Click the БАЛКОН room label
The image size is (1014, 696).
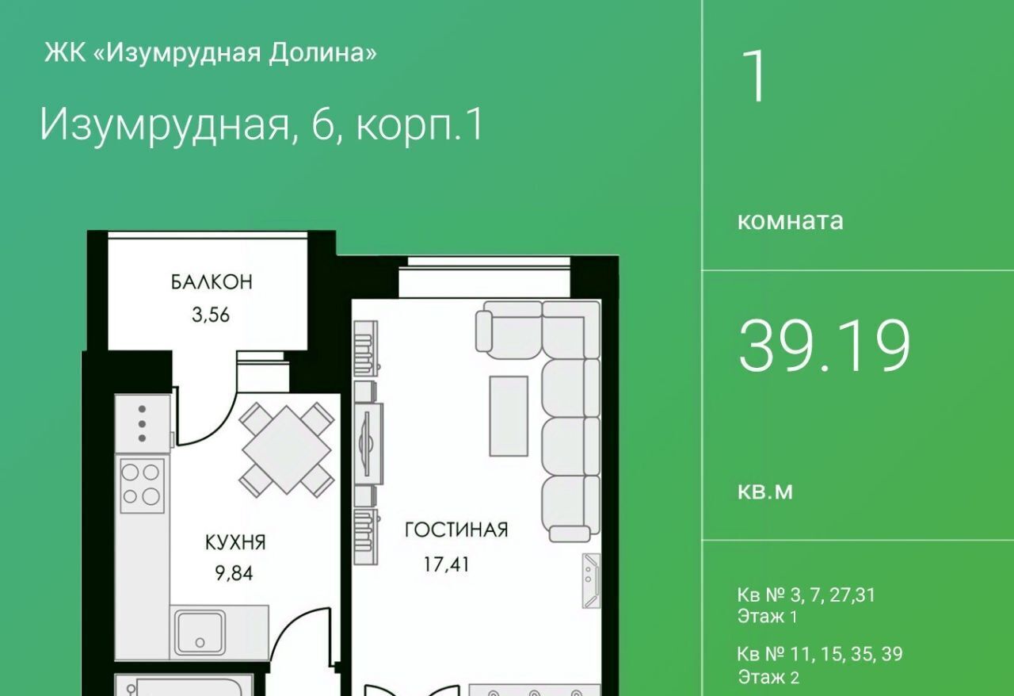click(212, 282)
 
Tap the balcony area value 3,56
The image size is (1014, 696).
click(211, 315)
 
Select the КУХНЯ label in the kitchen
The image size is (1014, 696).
click(235, 542)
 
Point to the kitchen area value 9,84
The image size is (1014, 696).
click(234, 573)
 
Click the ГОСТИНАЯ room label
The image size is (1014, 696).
click(456, 530)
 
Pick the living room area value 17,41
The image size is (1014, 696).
click(446, 564)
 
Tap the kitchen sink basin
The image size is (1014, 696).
click(200, 633)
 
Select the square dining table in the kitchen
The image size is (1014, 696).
click(287, 450)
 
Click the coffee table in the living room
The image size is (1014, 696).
click(509, 416)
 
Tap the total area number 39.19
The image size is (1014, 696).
click(824, 346)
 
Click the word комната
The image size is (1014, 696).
click(791, 221)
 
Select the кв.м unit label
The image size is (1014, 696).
click(765, 491)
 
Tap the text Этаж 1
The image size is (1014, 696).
click(768, 616)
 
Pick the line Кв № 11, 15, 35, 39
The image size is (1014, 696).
click(820, 654)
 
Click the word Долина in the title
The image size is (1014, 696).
click(322, 54)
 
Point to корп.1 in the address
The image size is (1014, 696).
click(421, 126)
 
